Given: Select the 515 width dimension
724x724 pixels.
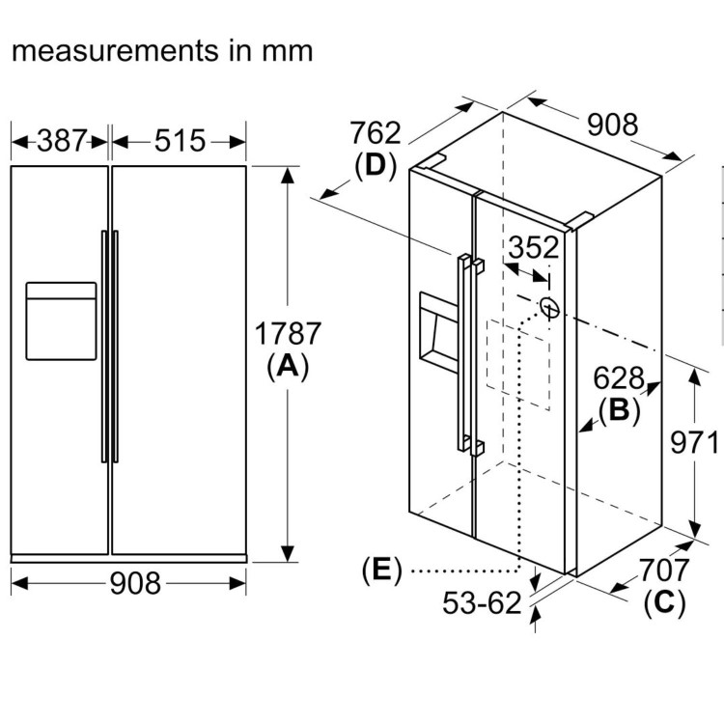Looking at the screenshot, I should point(180,141).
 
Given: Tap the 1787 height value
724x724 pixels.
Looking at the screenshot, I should point(287,334).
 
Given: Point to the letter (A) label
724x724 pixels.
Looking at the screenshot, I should point(287,367).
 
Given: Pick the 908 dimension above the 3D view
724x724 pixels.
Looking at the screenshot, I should point(612,125).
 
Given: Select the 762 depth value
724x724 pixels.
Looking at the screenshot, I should point(375,132).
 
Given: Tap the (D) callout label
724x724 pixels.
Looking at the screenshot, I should point(376,166).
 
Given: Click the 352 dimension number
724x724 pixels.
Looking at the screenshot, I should point(533,248).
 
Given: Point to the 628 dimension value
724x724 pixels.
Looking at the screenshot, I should point(619,376).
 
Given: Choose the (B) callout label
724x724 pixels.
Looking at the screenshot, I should point(619,410).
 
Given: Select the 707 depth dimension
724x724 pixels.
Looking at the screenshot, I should point(664,571).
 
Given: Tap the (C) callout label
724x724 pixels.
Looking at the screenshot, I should point(663,603).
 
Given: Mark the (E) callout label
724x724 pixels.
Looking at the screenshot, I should point(380,571).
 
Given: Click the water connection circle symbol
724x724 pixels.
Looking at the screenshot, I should point(549,307).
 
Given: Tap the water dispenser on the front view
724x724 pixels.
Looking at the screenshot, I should point(61,320).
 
